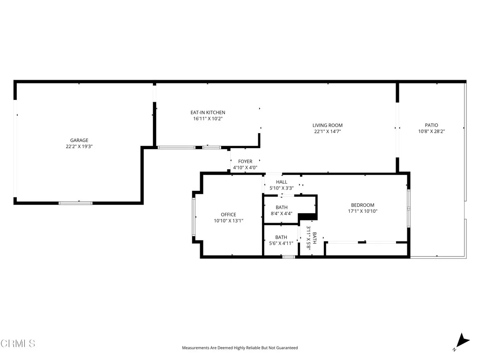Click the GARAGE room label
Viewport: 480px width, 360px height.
pos(79,140)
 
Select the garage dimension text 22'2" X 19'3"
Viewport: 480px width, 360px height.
pos(79,146)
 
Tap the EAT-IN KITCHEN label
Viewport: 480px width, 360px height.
pos(208,112)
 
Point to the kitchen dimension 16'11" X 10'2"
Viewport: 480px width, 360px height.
pos(208,119)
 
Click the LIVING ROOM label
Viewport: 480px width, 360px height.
pos(328,125)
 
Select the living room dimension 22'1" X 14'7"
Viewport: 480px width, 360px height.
pos(328,131)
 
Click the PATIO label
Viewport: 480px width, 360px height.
pos(431,125)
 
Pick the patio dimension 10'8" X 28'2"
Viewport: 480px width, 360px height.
pos(431,131)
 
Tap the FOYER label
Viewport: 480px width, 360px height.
pos(245,161)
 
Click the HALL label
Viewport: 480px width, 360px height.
pos(281,182)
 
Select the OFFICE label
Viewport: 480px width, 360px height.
pos(229,215)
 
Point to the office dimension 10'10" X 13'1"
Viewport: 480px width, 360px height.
pos(229,221)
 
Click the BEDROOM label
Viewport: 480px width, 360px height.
pos(363,205)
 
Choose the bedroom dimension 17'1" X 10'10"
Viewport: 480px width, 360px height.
pos(363,211)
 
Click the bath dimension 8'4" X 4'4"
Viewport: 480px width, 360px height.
pos(281,213)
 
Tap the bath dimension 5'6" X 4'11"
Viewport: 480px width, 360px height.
pos(281,243)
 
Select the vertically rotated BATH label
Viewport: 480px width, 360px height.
pos(315,238)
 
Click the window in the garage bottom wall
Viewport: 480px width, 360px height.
pos(75,203)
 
